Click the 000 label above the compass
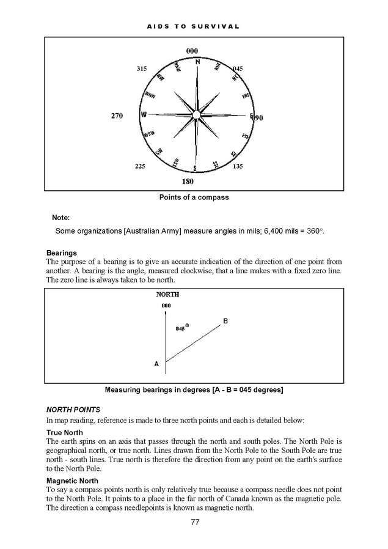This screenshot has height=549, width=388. (x=192, y=50)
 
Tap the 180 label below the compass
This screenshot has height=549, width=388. (x=188, y=182)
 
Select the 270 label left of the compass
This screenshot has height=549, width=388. (x=117, y=116)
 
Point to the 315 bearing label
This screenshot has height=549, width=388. (x=142, y=69)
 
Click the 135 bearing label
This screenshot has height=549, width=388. (x=238, y=166)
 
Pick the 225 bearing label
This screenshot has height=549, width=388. (x=141, y=166)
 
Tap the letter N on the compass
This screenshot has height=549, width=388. (x=197, y=62)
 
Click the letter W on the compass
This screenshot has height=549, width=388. (x=144, y=114)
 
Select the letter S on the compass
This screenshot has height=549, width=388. (x=195, y=168)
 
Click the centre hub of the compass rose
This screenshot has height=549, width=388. (x=196, y=114)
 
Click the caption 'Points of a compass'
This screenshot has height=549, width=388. (x=194, y=197)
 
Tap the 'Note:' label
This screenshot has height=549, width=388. (x=61, y=218)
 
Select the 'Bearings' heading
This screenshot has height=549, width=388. (x=61, y=252)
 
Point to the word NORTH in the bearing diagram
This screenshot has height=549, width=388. (x=167, y=295)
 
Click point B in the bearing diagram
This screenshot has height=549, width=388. (x=225, y=321)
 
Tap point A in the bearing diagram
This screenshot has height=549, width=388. (x=156, y=364)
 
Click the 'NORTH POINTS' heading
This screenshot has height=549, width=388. (x=73, y=410)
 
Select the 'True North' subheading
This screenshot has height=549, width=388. (x=65, y=433)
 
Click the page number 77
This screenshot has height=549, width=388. (x=195, y=522)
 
